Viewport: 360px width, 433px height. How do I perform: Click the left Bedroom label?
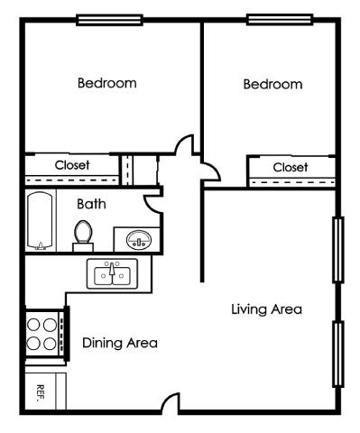coord(107,84)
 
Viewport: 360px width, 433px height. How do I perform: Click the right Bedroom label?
coord(272,85)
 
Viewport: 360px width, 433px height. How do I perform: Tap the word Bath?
coord(91,204)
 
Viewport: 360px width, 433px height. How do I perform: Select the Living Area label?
coord(265,309)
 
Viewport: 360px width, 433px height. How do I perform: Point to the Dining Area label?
coord(120,343)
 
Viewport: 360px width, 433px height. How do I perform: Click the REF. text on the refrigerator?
coord(41,391)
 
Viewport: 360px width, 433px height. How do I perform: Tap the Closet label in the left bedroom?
coord(73,165)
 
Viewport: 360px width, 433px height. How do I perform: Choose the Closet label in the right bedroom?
coord(291,168)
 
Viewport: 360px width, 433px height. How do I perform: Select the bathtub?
coord(40,221)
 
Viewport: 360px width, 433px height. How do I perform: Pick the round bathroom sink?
coord(139,239)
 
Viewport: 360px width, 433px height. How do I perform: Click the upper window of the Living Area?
coord(338,249)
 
